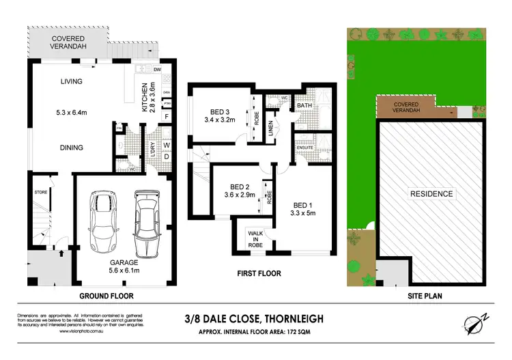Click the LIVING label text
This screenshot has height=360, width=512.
coord(71,82)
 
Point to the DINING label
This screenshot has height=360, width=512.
coord(71,148)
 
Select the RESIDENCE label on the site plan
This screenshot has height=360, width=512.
coord(431,193)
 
